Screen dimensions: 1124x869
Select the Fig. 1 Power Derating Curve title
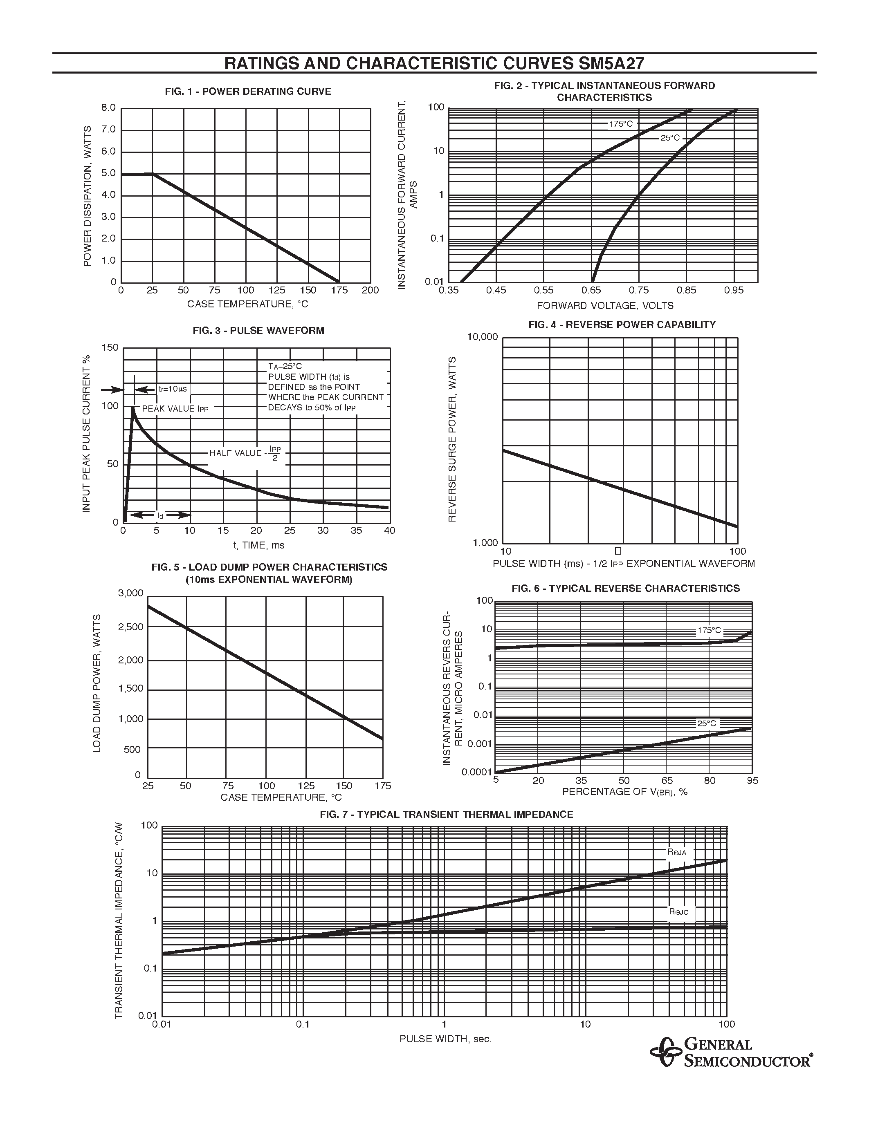point(248,92)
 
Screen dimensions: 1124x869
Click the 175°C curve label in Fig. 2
point(621,124)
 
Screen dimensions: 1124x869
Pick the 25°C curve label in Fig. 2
point(670,138)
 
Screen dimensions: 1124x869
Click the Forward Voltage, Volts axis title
point(605,306)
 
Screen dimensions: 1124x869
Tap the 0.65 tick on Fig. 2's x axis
point(591,290)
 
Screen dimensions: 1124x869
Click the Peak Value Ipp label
point(175,409)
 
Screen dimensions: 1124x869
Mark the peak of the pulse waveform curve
point(133,408)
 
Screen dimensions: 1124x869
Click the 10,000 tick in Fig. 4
point(483,337)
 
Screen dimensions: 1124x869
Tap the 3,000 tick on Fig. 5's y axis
point(131,593)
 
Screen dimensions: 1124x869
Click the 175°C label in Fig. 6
point(710,631)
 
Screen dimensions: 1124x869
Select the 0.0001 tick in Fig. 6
point(477,772)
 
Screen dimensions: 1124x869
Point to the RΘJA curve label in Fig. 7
point(677,852)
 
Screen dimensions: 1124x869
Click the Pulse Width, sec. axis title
point(445,1039)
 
